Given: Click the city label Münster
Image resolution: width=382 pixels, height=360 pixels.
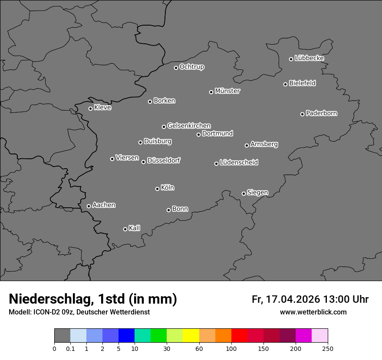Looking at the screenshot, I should (x=227, y=91).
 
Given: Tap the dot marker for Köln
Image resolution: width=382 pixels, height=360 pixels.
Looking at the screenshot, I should (x=157, y=189).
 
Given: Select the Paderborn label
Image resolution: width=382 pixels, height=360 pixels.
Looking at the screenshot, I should (x=322, y=113).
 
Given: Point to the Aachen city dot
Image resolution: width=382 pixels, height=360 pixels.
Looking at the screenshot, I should (x=89, y=206).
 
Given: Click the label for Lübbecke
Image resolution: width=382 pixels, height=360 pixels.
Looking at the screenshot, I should (x=310, y=58).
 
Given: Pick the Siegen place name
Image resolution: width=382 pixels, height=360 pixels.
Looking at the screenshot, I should (x=257, y=193).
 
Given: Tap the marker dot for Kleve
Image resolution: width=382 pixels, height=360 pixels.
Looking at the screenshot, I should (x=90, y=108).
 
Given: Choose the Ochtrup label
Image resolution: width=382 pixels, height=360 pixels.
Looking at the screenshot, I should (x=192, y=67).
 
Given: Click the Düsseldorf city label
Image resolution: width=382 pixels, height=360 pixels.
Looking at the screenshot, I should (x=164, y=160).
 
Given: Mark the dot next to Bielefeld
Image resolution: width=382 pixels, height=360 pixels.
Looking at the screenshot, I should (x=285, y=84).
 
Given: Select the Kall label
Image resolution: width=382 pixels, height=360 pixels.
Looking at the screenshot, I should (x=135, y=228).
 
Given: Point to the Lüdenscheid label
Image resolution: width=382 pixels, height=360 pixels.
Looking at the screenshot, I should (x=239, y=163).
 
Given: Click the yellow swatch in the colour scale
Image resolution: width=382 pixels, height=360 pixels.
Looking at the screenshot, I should (x=191, y=336).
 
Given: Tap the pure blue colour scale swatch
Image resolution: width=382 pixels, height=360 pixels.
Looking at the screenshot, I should (x=126, y=336).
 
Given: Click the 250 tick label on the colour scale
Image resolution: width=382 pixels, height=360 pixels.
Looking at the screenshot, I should (x=328, y=349).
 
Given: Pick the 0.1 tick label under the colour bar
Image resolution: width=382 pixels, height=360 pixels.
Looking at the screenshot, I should (x=70, y=349).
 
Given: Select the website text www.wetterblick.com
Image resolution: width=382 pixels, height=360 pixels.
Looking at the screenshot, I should (x=313, y=312).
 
